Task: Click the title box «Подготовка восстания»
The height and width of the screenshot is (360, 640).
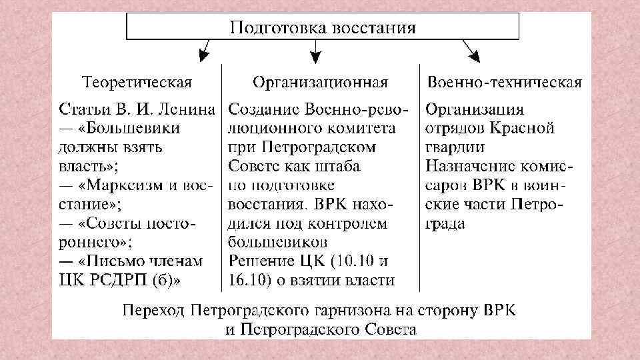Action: point(323,28)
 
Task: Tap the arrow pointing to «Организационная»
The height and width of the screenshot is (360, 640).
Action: point(316,51)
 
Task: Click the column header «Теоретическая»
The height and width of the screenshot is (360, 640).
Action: point(137,83)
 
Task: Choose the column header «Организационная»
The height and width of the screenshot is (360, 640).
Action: point(320,83)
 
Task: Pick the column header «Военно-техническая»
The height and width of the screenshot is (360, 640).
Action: point(505,83)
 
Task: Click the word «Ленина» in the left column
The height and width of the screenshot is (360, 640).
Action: point(191,109)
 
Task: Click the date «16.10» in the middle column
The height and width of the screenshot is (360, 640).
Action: point(245,279)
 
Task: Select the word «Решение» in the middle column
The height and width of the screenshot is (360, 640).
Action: point(261,261)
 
